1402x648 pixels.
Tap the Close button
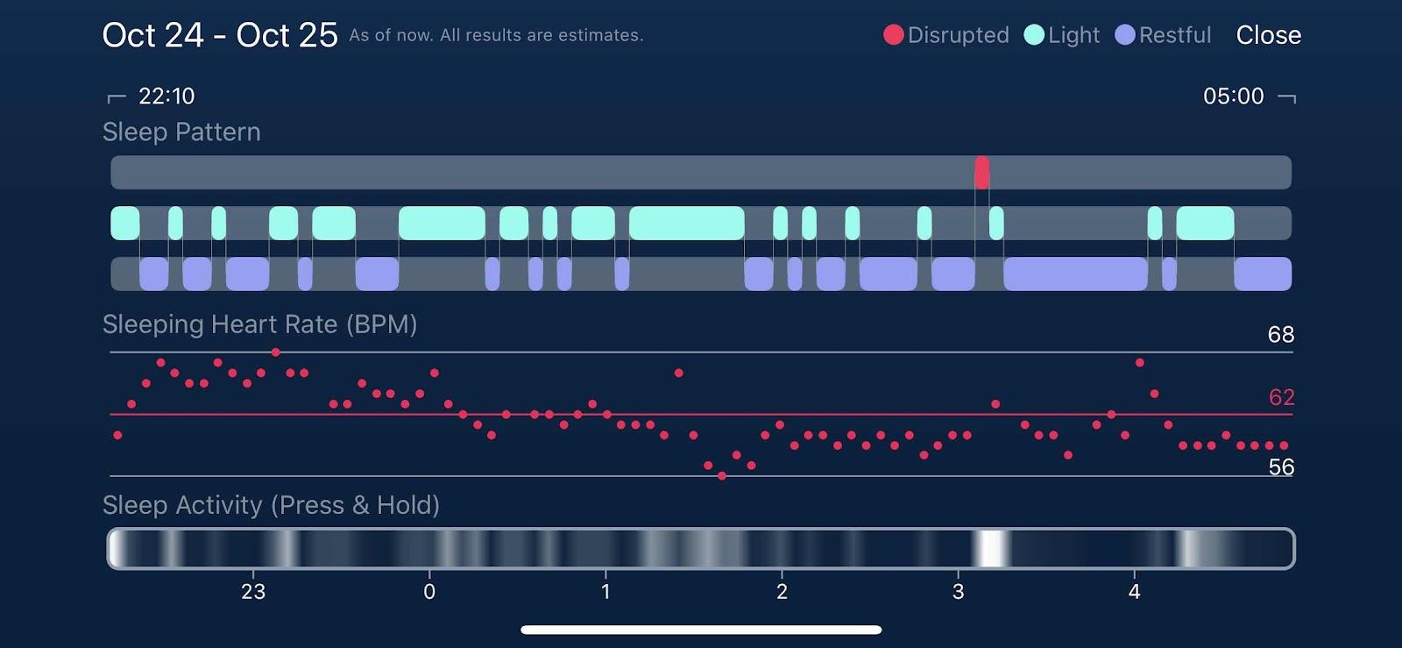tap(1268, 35)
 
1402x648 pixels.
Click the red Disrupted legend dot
tap(893, 35)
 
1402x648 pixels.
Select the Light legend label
tap(1073, 35)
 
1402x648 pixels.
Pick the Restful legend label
tap(1174, 35)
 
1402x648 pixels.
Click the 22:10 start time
tap(166, 96)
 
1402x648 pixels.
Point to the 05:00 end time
tap(1233, 96)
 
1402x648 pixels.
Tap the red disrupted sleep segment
tap(981, 172)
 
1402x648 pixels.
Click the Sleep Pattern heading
tap(181, 132)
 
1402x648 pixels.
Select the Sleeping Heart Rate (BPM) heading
tap(259, 324)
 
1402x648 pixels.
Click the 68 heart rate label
tap(1280, 334)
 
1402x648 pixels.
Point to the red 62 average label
tap(1281, 397)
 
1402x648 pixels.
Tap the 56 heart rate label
tap(1281, 466)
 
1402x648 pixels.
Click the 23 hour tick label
tap(253, 592)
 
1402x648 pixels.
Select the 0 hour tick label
tap(429, 592)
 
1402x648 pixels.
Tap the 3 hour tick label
tap(958, 592)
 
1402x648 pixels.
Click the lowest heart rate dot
tap(722, 476)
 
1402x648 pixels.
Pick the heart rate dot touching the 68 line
tap(276, 352)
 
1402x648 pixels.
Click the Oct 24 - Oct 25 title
tap(220, 35)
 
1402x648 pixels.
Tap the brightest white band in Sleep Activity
tap(992, 549)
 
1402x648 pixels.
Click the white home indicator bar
tap(701, 630)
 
